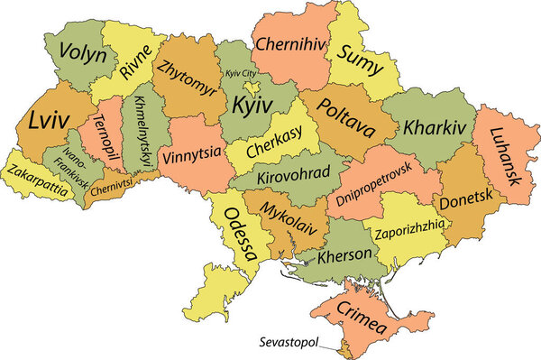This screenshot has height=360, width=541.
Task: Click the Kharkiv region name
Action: (x=436, y=127)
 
